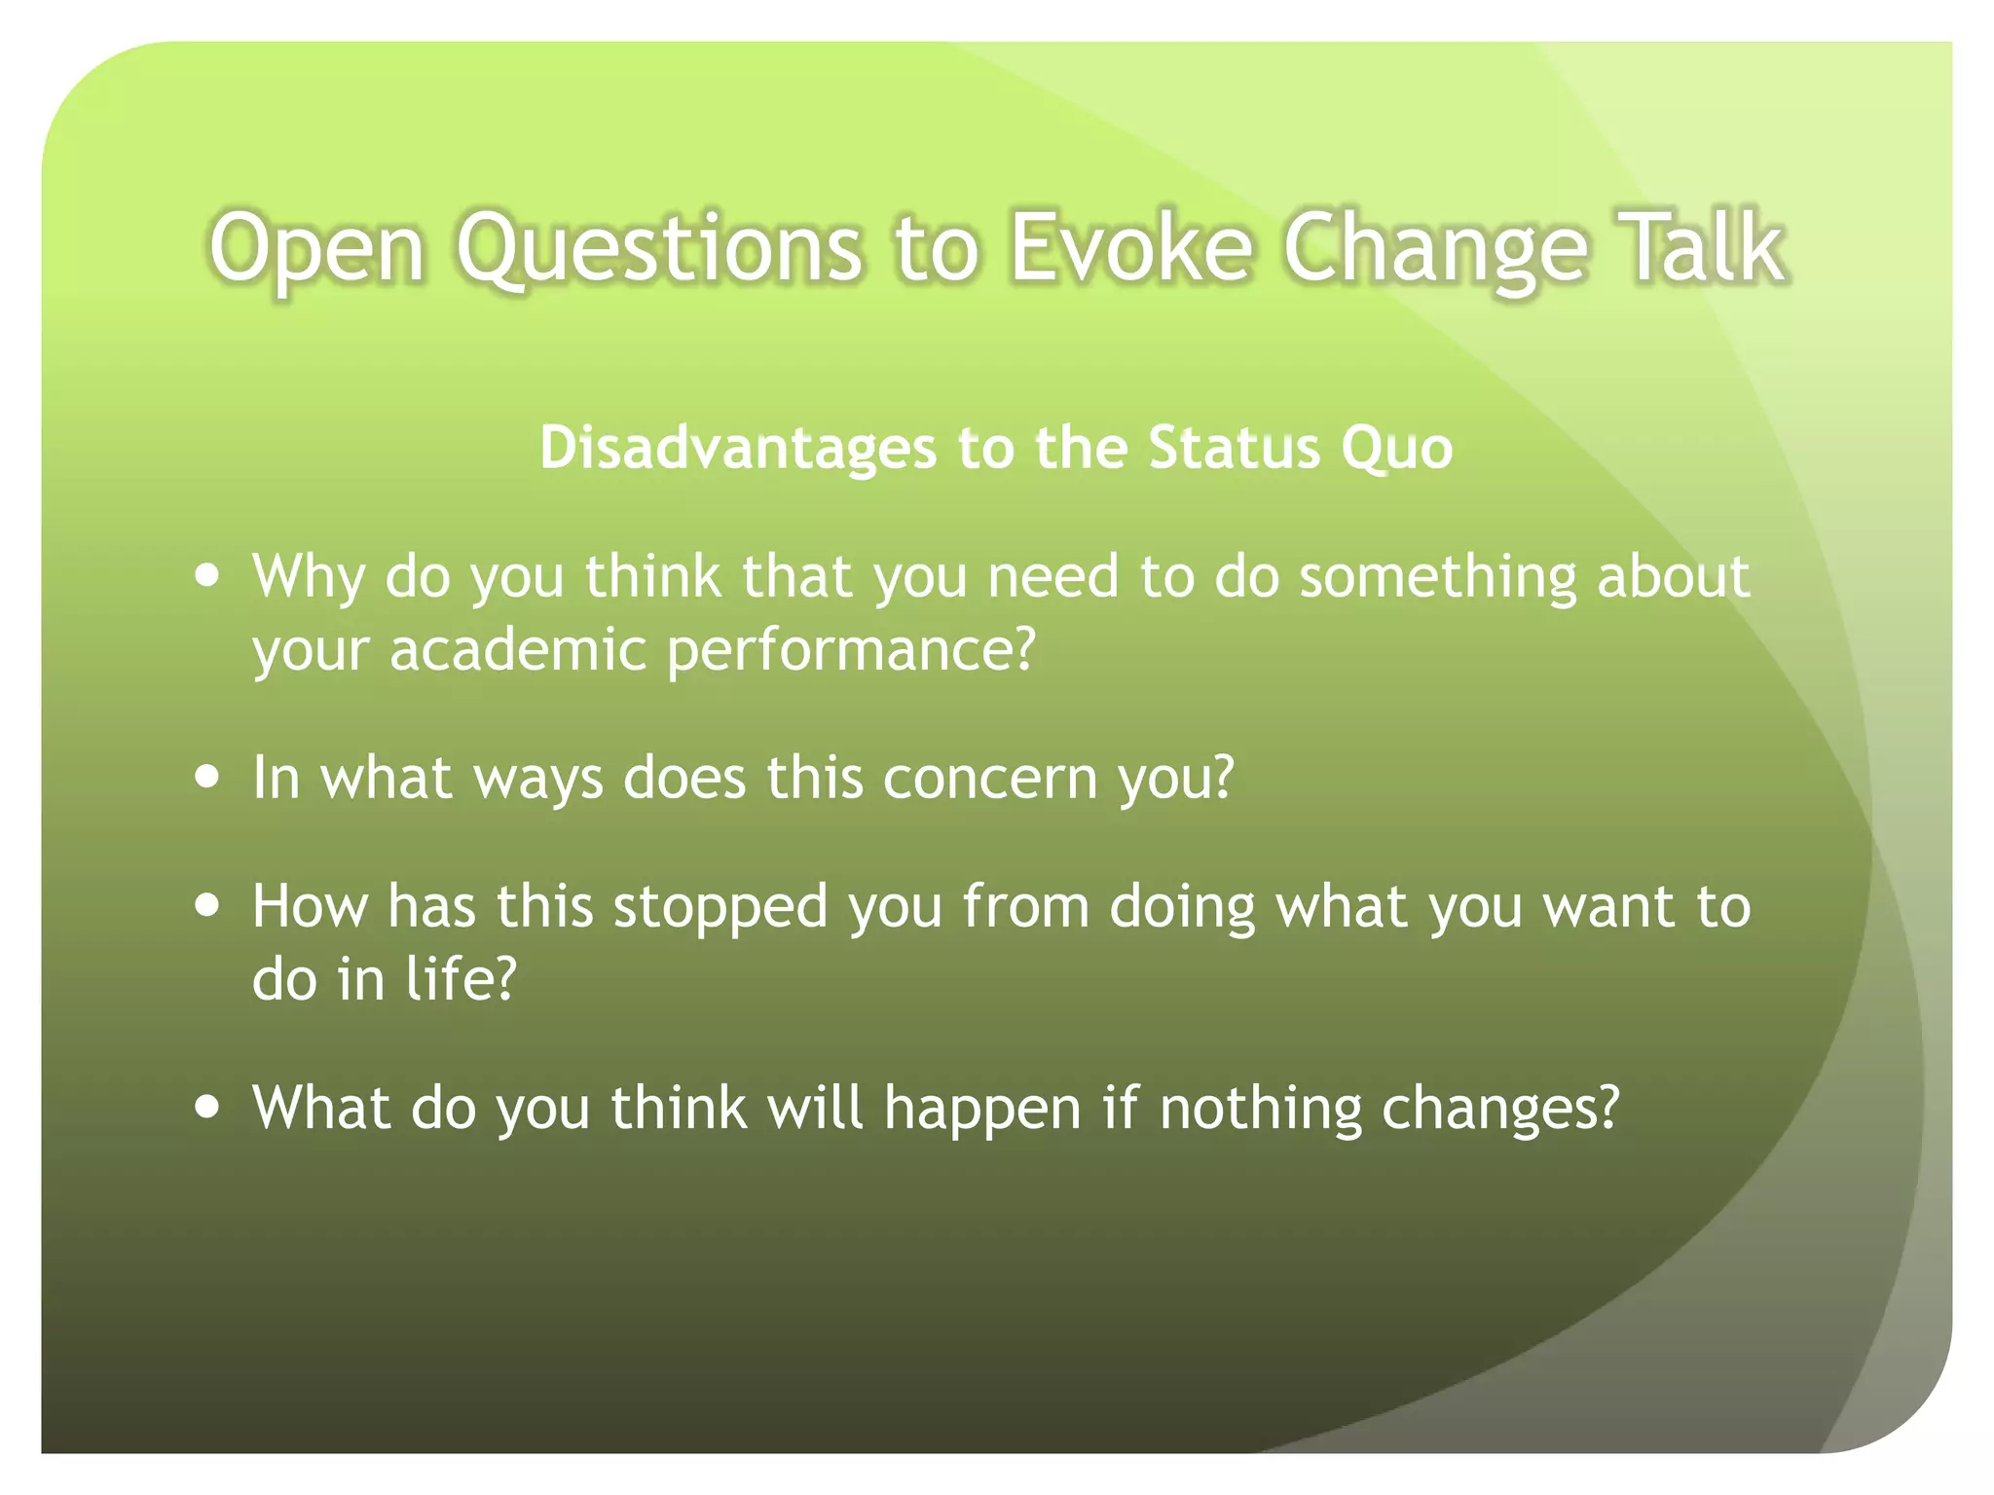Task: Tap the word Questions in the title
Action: click(659, 249)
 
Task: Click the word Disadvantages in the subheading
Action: click(737, 448)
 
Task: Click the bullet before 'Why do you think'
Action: click(206, 575)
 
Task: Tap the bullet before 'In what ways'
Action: click(206, 778)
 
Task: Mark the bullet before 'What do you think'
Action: click(206, 1107)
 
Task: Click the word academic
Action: click(517, 649)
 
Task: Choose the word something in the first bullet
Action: click(1437, 577)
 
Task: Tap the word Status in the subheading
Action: click(1234, 448)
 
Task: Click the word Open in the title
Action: click(316, 251)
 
